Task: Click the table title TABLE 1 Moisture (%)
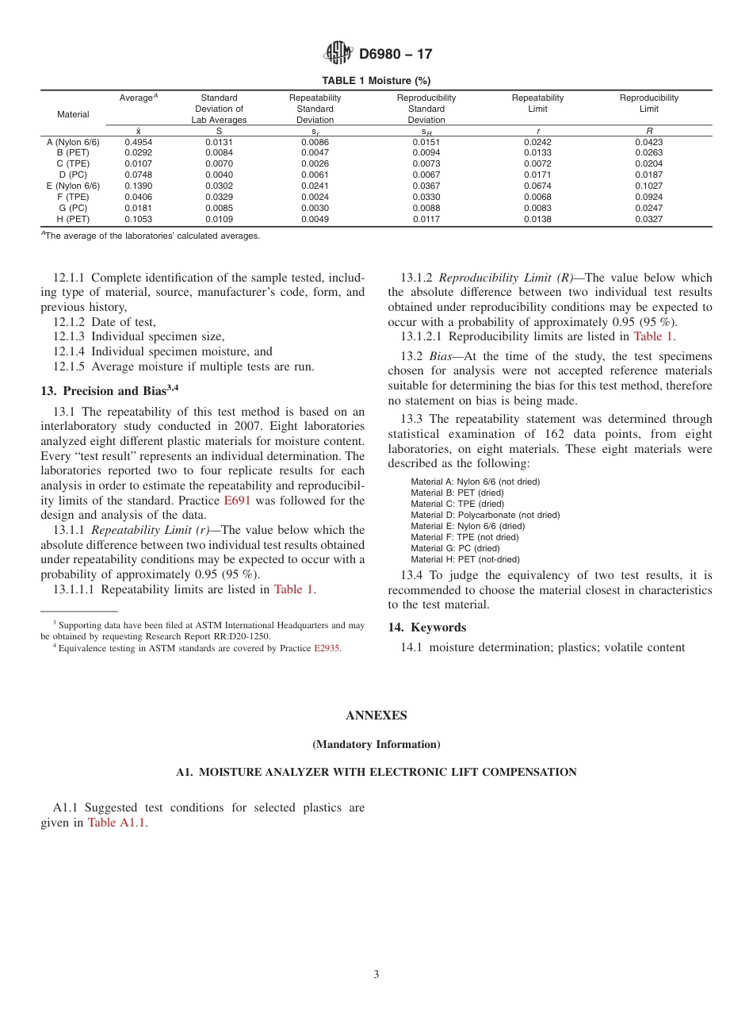(x=376, y=81)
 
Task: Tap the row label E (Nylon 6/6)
(x=73, y=186)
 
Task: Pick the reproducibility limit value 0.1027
(x=648, y=186)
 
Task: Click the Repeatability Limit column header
(x=537, y=103)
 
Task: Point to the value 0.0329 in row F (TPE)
(x=219, y=197)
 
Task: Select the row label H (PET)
(x=73, y=219)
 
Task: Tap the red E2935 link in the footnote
(x=327, y=648)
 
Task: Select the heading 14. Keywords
(x=418, y=627)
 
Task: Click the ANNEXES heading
(x=376, y=716)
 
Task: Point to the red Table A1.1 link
(x=117, y=823)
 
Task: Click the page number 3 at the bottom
(x=376, y=975)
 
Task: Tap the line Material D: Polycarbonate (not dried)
(x=485, y=515)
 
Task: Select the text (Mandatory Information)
(x=376, y=745)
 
